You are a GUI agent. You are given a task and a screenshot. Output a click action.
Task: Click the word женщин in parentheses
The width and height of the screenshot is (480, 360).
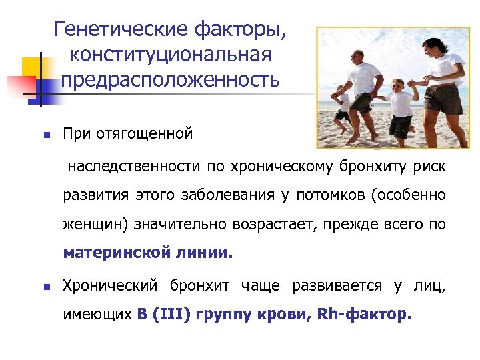coord(95,225)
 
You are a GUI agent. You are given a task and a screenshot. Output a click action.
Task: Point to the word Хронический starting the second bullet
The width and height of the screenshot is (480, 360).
coord(109,286)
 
